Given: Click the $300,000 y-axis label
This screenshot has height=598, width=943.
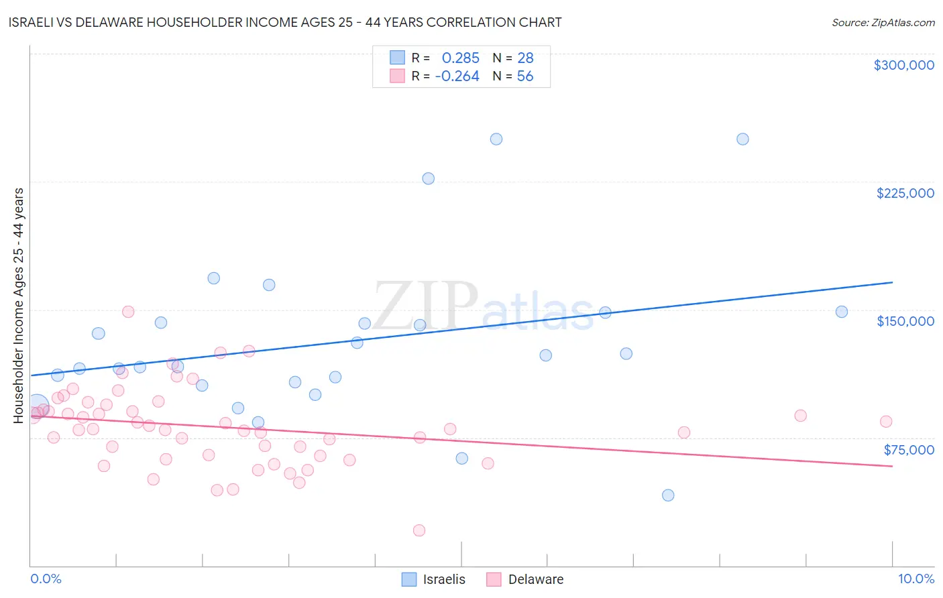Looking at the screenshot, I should pyautogui.click(x=903, y=65).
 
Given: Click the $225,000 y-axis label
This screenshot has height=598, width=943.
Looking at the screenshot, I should pyautogui.click(x=905, y=193).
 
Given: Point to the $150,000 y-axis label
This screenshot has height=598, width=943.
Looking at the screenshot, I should pyautogui.click(x=905, y=321).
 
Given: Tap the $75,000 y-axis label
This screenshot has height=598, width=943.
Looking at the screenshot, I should pyautogui.click(x=909, y=450).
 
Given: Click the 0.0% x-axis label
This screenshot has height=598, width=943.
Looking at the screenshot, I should pyautogui.click(x=46, y=579).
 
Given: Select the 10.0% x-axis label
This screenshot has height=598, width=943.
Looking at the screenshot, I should pyautogui.click(x=916, y=579).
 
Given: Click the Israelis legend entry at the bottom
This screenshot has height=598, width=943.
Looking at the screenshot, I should pyautogui.click(x=433, y=579).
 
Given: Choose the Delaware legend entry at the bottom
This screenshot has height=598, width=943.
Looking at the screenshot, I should pyautogui.click(x=525, y=579).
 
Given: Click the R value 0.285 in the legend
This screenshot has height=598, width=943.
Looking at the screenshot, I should pyautogui.click(x=460, y=58).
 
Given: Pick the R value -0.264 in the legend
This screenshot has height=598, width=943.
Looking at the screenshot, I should pyautogui.click(x=457, y=76).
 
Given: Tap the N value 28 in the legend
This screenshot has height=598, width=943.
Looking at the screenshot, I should pyautogui.click(x=525, y=58).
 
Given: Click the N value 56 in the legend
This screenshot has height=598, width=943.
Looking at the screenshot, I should pyautogui.click(x=525, y=76).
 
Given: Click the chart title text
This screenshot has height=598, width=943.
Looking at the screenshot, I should pyautogui.click(x=285, y=22).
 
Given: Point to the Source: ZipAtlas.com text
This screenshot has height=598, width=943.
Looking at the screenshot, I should pyautogui.click(x=883, y=22).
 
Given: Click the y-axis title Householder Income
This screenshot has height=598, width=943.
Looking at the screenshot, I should pyautogui.click(x=19, y=305).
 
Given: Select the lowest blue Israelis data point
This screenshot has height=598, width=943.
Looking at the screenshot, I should pyautogui.click(x=668, y=495).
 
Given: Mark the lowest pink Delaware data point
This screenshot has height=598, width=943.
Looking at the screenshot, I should pyautogui.click(x=419, y=530).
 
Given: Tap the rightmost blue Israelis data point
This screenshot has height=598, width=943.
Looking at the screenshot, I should pyautogui.click(x=842, y=312).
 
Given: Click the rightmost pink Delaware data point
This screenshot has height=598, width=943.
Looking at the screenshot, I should pyautogui.click(x=886, y=422).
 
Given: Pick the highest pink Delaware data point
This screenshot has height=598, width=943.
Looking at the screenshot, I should pyautogui.click(x=128, y=312).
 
